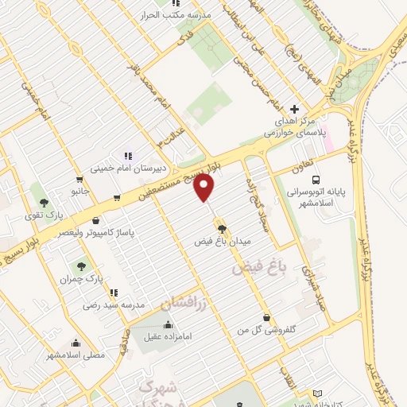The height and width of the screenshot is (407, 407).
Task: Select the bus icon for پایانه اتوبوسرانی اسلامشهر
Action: [x=316, y=180]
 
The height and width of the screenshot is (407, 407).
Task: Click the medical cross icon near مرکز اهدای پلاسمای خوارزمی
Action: [x=294, y=109]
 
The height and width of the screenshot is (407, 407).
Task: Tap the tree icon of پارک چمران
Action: [x=82, y=266]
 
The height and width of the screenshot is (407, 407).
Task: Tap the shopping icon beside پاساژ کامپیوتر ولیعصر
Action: [x=96, y=220]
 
